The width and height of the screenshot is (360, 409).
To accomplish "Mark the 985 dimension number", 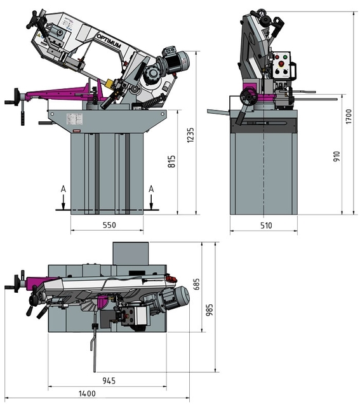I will pyautogui.click(x=210, y=310).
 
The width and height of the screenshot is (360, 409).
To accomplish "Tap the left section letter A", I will pyautogui.click(x=62, y=189).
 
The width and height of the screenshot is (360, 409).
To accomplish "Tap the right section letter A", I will pyautogui.click(x=151, y=189).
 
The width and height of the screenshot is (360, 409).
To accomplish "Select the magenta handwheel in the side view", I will pyautogui.click(x=248, y=97).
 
